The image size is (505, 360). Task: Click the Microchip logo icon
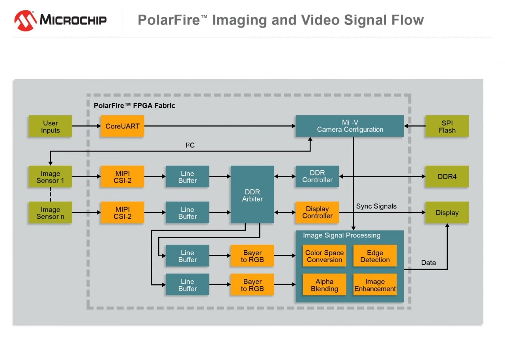[26, 21]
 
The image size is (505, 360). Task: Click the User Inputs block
[50, 127]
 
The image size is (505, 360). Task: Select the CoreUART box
[122, 127]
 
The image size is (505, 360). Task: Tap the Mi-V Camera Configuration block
[350, 126]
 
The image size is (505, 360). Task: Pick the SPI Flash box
[447, 127]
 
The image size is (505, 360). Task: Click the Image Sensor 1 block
[50, 177]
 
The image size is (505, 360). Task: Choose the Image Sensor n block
[50, 213]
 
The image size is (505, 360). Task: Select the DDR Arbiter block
[252, 195]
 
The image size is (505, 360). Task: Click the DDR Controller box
[317, 176]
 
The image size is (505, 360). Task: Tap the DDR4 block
[447, 177]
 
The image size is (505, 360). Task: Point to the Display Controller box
[317, 213]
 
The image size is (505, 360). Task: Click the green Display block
[447, 213]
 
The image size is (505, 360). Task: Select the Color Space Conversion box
[324, 256]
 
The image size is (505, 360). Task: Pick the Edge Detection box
[375, 256]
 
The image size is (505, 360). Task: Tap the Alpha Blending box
[324, 285]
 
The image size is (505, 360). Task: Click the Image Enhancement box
[375, 285]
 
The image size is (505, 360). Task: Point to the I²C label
[190, 145]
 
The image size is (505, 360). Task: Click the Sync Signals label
[376, 206]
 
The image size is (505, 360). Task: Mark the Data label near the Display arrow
[428, 263]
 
